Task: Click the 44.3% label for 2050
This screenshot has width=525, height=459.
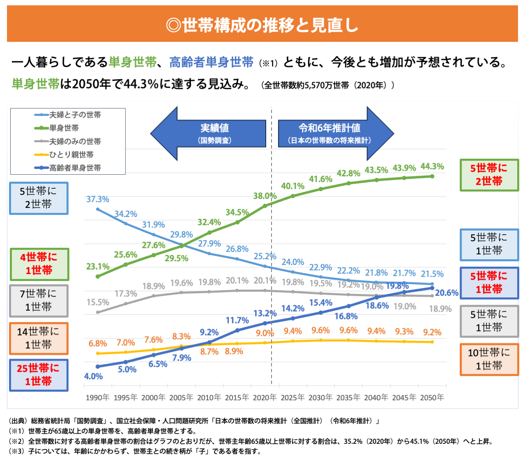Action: [432, 167]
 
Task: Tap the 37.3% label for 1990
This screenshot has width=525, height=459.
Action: [98, 199]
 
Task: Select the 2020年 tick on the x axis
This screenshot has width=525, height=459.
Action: [265, 397]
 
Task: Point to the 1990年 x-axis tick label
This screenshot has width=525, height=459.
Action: [98, 397]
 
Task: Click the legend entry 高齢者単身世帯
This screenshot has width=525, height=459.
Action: [75, 168]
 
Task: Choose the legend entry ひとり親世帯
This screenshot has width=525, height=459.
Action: [71, 155]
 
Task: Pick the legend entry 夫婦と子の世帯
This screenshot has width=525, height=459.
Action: [75, 115]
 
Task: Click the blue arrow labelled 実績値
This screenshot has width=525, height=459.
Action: [209, 133]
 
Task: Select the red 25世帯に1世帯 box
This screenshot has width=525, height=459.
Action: [39, 375]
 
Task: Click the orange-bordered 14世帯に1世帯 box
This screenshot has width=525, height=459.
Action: [39, 338]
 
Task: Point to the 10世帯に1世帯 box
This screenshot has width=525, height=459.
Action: [489, 359]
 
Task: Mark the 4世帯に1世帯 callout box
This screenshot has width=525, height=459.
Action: [39, 264]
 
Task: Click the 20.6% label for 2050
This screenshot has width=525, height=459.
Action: [447, 293]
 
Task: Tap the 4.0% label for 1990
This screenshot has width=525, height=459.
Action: [93, 377]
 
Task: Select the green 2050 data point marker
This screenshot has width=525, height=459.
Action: [432, 176]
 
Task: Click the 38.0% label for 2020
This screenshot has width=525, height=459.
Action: [265, 196]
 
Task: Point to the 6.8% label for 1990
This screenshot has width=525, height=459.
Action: [98, 344]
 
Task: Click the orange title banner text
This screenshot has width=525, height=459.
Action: [262, 25]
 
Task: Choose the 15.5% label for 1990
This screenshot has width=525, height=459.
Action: [98, 303]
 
